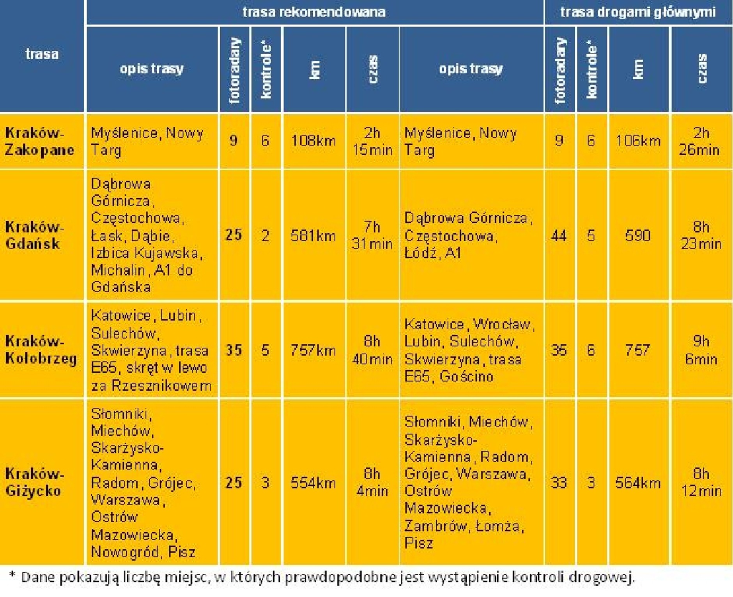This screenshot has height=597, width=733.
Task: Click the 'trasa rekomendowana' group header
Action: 314,12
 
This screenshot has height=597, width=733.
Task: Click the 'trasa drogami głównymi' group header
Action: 638,12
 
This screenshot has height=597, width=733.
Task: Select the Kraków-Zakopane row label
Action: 39,141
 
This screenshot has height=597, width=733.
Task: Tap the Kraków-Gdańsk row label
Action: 34,235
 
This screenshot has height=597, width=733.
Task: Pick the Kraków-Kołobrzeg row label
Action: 41,350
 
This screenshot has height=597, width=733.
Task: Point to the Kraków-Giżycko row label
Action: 34,482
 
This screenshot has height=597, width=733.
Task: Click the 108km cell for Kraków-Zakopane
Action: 313,140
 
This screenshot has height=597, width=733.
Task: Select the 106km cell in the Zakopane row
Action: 638,140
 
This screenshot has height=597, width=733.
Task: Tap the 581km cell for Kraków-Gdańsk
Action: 313,236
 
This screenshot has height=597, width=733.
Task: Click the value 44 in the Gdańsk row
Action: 559,236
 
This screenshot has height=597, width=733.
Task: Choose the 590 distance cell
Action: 638,236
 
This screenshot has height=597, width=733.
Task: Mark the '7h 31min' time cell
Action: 372,235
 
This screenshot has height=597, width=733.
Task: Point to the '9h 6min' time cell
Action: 701,350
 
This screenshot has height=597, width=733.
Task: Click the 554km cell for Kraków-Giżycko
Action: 313,483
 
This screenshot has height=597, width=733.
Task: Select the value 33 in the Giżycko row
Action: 559,483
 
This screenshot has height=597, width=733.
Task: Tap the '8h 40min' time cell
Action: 372,350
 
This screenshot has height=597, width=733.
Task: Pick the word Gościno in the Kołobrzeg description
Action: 466,377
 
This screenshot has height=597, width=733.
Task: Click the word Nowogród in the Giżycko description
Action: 125,552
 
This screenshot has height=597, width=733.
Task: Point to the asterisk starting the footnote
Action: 12,575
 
